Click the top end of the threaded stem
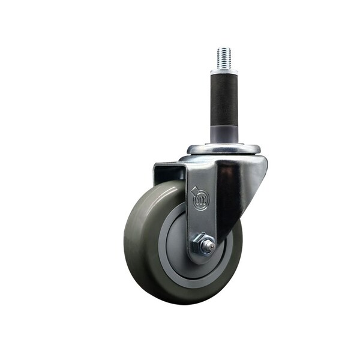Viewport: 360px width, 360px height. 224,49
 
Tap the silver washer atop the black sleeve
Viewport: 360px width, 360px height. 223,70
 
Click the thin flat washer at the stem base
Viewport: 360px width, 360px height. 223,144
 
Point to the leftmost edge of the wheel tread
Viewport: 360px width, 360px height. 125,240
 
